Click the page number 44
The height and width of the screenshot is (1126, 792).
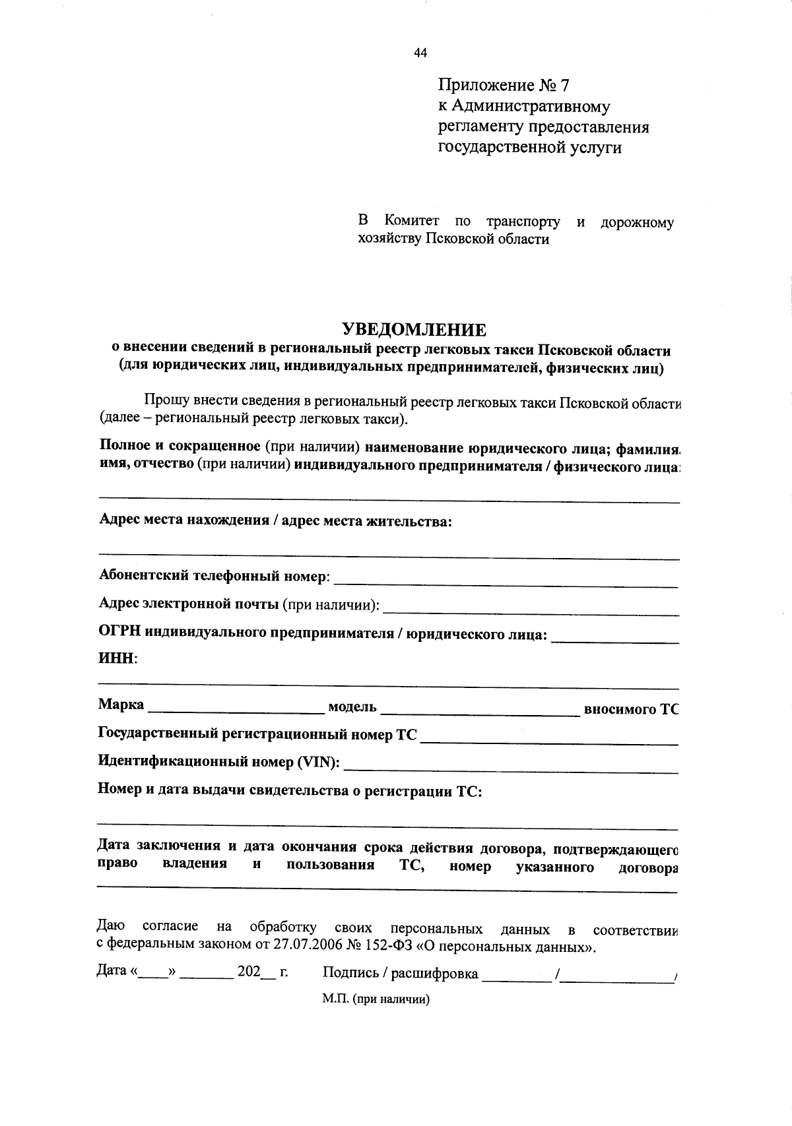point(420,53)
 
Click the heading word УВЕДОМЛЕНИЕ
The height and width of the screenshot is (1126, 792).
point(413,329)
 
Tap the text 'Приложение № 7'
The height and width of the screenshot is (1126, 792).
point(503,85)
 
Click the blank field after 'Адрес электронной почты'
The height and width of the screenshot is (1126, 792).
point(531,608)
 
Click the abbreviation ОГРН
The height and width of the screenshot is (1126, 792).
point(119,633)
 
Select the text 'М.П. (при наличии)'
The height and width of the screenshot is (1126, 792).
point(376,999)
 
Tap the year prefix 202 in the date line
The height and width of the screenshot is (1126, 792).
point(249,972)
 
